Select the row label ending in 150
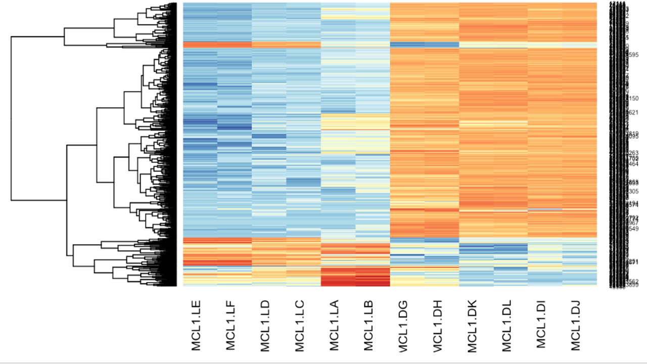[x=632, y=98]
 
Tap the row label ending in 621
[x=632, y=113]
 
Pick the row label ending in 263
[x=632, y=153]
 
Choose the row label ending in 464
[x=632, y=164]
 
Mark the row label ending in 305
[x=632, y=192]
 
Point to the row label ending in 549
[x=632, y=229]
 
